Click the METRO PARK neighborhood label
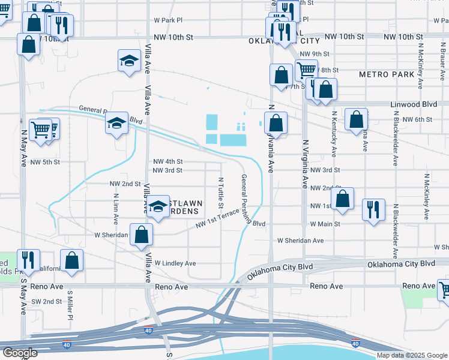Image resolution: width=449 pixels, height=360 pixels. pos(387,74)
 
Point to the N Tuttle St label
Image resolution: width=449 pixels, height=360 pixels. pos(220,189)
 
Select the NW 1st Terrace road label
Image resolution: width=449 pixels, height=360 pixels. pos(216,223)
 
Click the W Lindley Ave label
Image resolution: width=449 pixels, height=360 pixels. pos(175,263)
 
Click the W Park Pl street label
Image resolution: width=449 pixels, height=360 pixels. pos(168,20)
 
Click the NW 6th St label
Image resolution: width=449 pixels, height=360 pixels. pos(418,119)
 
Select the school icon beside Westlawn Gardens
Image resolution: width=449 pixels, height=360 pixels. pos(158,207)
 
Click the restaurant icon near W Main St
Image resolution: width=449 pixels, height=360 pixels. pos(373,209)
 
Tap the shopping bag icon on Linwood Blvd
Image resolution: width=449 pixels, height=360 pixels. pos(356,118)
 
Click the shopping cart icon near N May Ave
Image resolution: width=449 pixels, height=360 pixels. pos(40,128)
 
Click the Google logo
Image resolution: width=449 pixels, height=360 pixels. pos(20,353)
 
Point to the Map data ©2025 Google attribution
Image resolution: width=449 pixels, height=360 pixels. pos(411,355)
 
